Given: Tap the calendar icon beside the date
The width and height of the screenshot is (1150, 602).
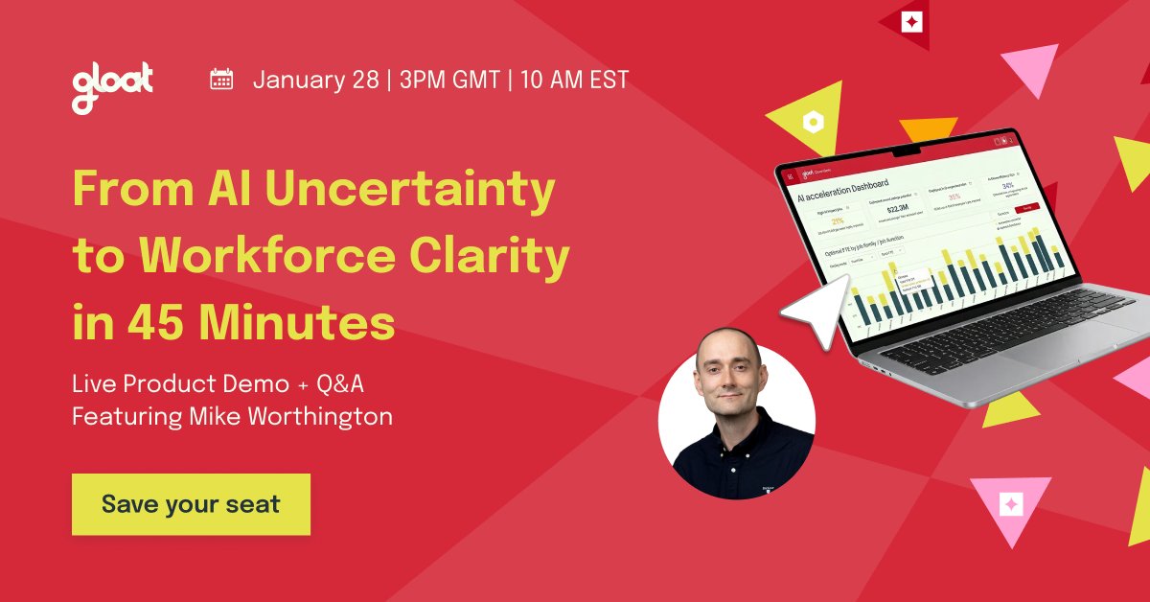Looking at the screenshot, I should point(221,79).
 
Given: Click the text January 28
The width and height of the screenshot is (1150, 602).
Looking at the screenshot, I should point(315,80).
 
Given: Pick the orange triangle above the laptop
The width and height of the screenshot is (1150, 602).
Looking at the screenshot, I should point(928,128).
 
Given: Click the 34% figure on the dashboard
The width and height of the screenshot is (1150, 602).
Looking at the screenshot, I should point(1007,186).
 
